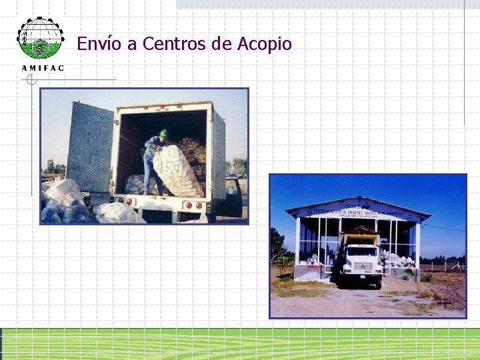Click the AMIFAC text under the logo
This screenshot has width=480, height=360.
tap(43, 67)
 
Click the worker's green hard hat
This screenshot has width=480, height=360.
tap(163, 133)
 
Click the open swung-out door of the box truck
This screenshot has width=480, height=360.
tap(90, 148)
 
